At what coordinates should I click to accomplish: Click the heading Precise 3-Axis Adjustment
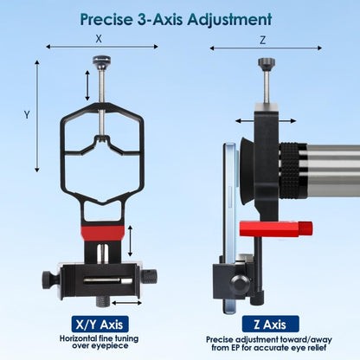176,19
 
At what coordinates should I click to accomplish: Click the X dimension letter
99,38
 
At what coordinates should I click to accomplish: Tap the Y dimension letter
27,114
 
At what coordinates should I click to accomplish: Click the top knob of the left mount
102,61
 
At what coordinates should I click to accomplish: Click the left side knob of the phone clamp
49,279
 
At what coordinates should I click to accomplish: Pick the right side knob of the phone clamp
150,276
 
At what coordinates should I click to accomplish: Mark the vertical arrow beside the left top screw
87,86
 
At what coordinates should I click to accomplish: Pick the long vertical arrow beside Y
37,116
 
